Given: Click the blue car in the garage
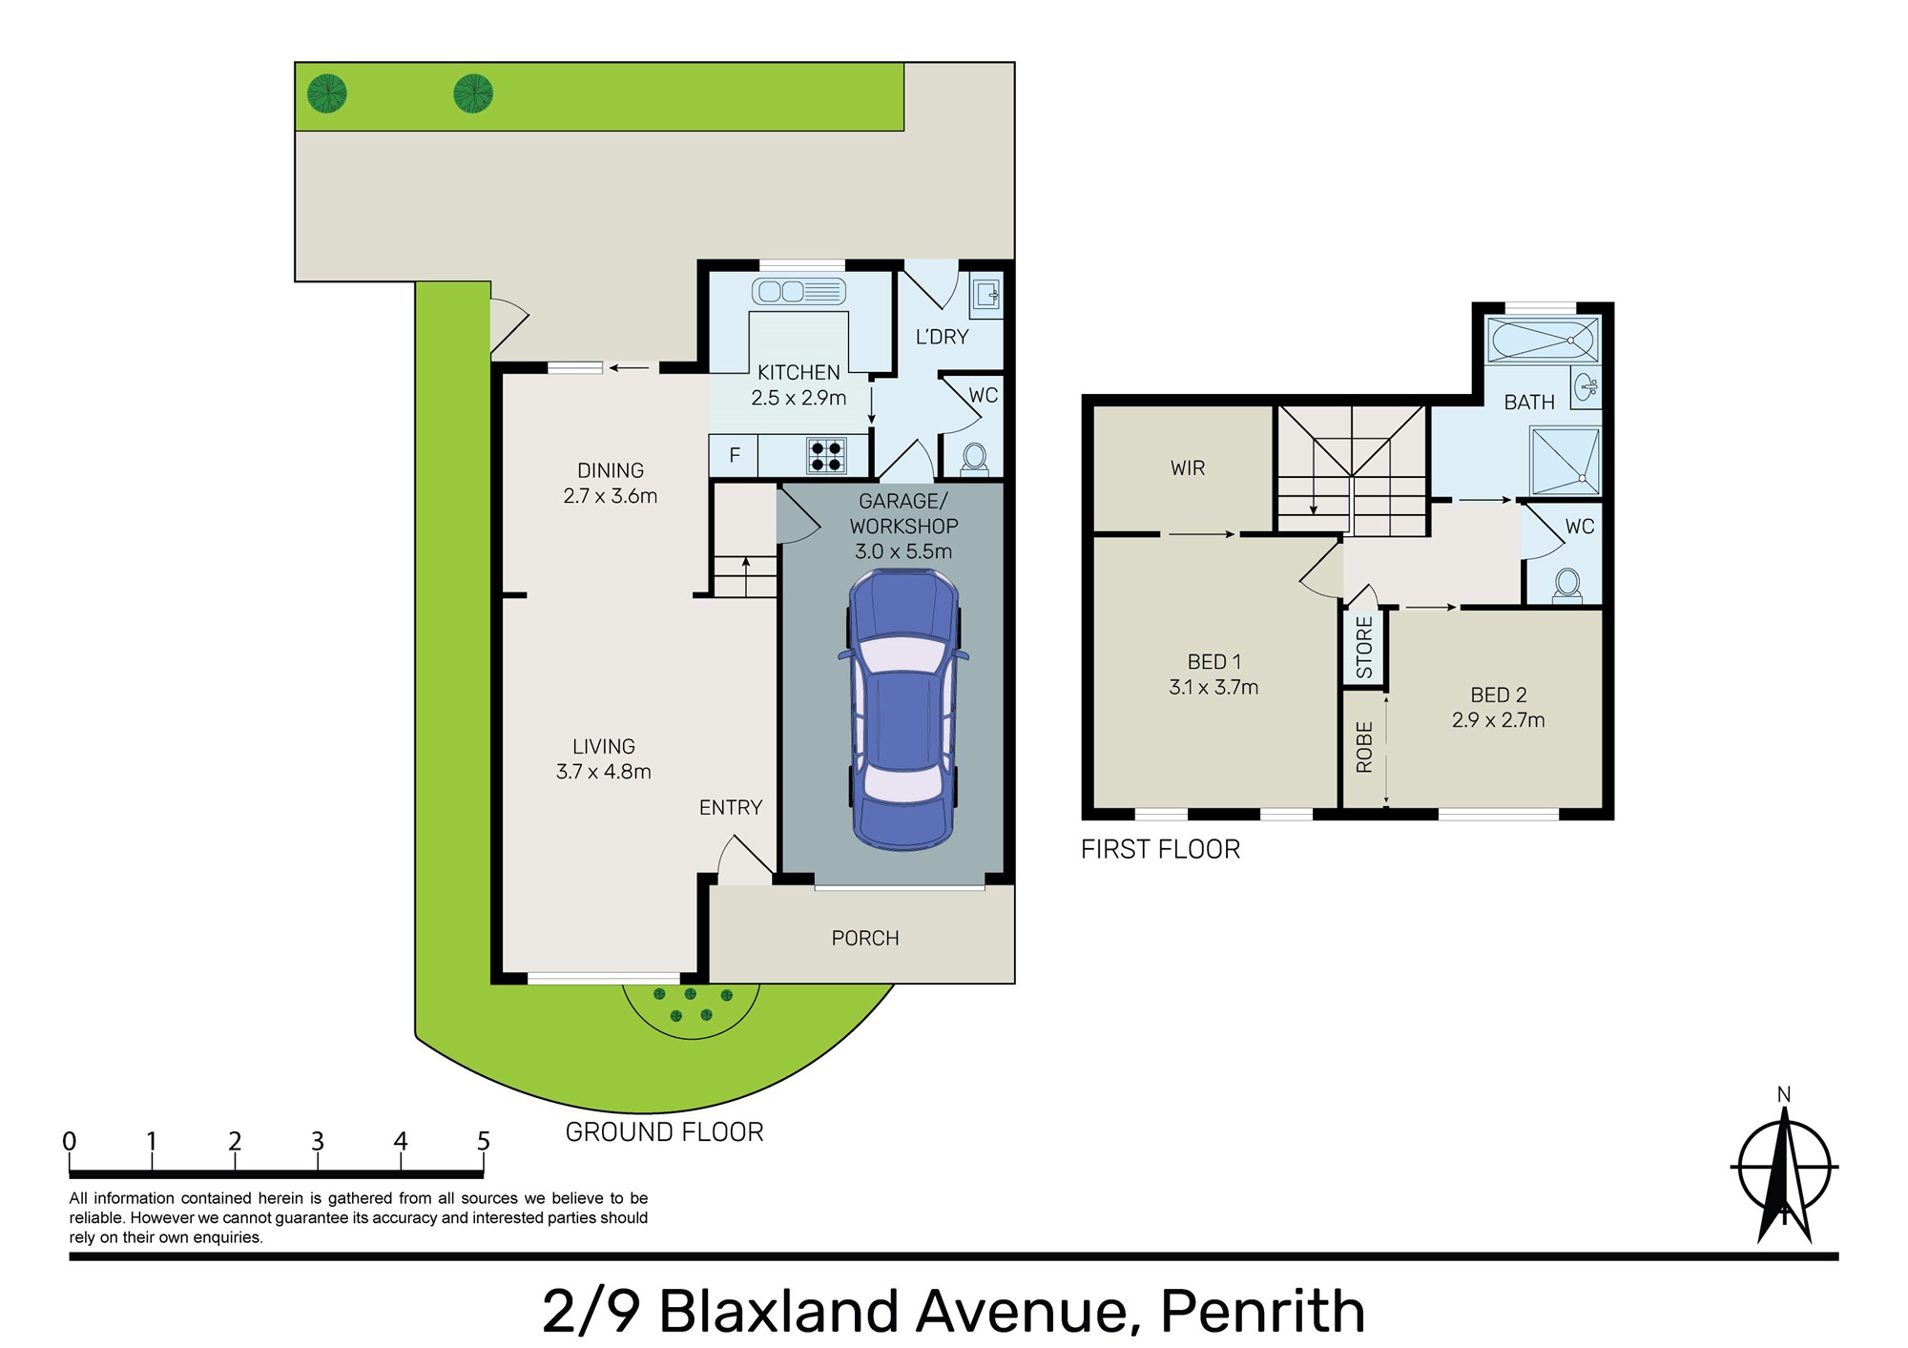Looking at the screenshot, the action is point(902,710).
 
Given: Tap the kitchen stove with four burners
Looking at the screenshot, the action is point(826,455).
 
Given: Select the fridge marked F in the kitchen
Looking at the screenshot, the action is point(734,455).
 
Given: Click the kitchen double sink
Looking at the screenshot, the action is point(798,291).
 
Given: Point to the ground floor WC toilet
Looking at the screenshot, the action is point(974,460).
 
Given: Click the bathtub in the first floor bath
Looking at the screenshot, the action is point(1543,340).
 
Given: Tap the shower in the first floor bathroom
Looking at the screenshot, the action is point(1565,461).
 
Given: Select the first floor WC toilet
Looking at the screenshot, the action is point(1566,585).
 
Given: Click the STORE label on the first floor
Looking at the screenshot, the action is point(1364,647).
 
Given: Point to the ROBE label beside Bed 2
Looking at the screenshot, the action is point(1364,747).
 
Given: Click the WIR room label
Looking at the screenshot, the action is point(1188,468).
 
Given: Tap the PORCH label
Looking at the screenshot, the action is point(865,939).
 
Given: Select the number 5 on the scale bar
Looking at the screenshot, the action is point(484,1141).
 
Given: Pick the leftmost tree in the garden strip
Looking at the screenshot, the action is point(327,93).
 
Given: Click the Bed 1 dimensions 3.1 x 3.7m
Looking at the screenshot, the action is point(1213,687).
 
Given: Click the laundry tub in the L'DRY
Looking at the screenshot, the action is point(985,295).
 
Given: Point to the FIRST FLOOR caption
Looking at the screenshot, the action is point(1160,849).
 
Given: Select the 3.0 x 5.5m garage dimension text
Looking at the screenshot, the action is point(903,551).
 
